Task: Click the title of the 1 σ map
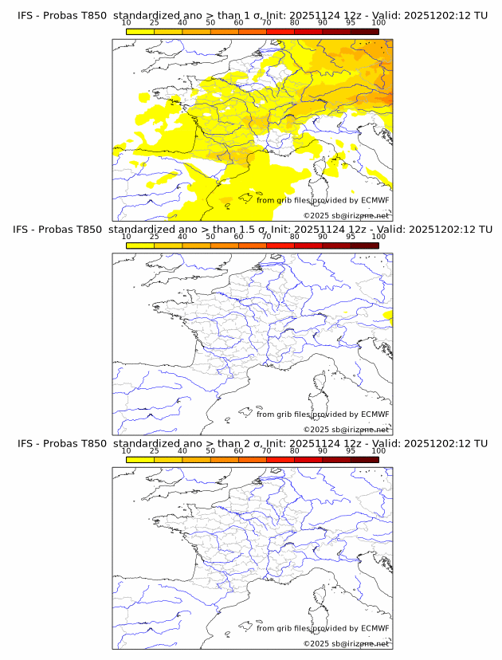pyautogui.click(x=251, y=14)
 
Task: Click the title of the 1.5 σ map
pyautogui.click(x=251, y=229)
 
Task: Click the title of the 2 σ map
pyautogui.click(x=251, y=443)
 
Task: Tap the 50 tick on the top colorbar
pyautogui.click(x=210, y=23)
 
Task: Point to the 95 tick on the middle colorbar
pyautogui.click(x=351, y=237)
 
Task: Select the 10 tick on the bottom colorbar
pyautogui.click(x=127, y=451)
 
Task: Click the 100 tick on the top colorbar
pyautogui.click(x=378, y=23)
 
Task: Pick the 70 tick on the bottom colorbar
pyautogui.click(x=266, y=451)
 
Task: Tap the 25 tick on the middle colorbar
pyautogui.click(x=155, y=237)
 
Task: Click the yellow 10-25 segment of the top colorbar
pyautogui.click(x=140, y=31)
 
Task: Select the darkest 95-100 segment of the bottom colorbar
pyautogui.click(x=364, y=460)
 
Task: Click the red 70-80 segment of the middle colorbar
pyautogui.click(x=280, y=246)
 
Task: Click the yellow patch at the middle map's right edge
pyautogui.click(x=388, y=316)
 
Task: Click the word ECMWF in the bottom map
pyautogui.click(x=375, y=629)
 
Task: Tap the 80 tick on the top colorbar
pyautogui.click(x=295, y=23)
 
